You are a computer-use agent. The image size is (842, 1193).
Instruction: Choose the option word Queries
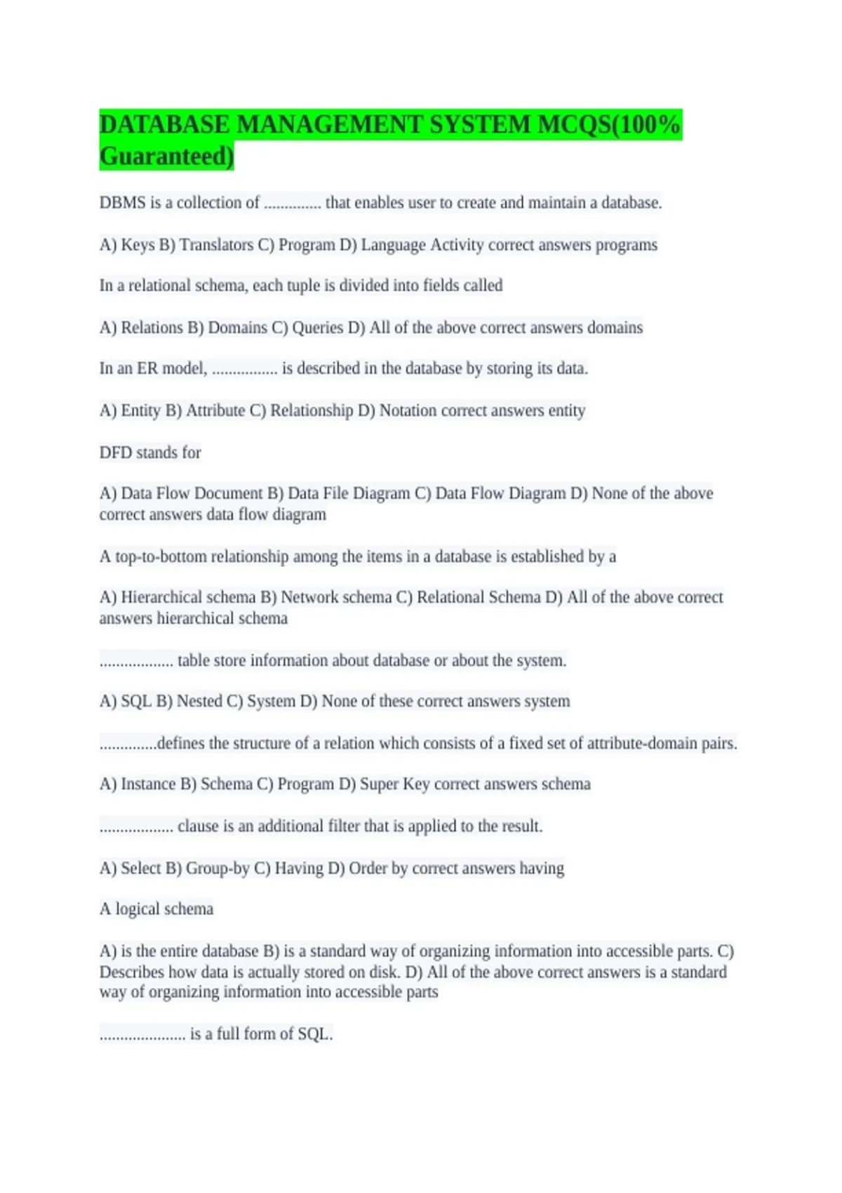pyautogui.click(x=317, y=328)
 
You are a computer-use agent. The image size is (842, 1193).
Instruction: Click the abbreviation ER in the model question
pyautogui.click(x=147, y=368)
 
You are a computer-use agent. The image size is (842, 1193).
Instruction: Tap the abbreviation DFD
pyautogui.click(x=116, y=453)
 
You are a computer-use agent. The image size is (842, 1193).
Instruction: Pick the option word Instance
pyautogui.click(x=148, y=784)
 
